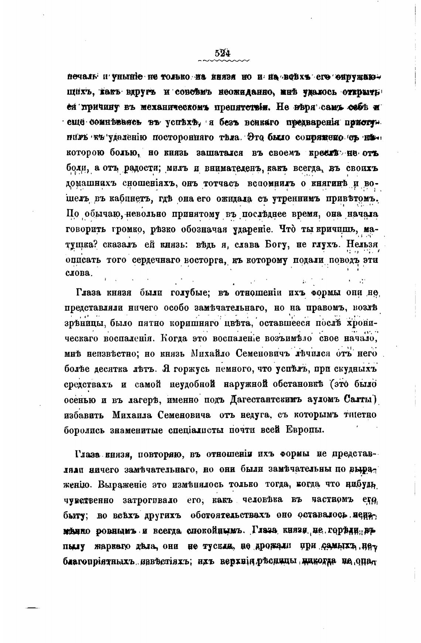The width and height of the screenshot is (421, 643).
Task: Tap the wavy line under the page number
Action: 223,60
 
